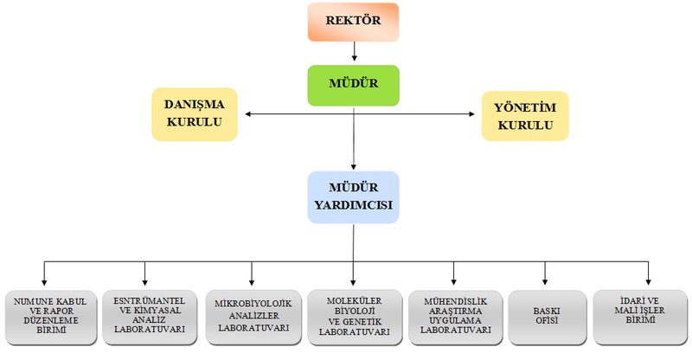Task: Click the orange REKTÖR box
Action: click(355, 22)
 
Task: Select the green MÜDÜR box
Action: click(353, 86)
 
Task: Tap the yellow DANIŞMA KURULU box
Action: click(195, 113)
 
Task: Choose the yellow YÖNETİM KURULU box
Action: click(525, 116)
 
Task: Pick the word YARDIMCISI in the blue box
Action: click(354, 209)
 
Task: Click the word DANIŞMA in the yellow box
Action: click(195, 105)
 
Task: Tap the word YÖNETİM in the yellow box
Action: click(525, 107)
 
